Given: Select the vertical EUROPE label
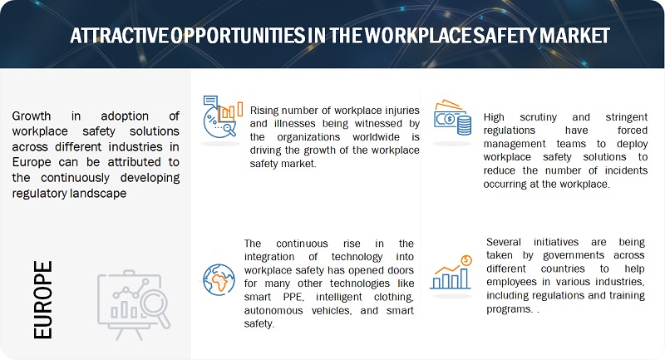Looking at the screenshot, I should (43, 300).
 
